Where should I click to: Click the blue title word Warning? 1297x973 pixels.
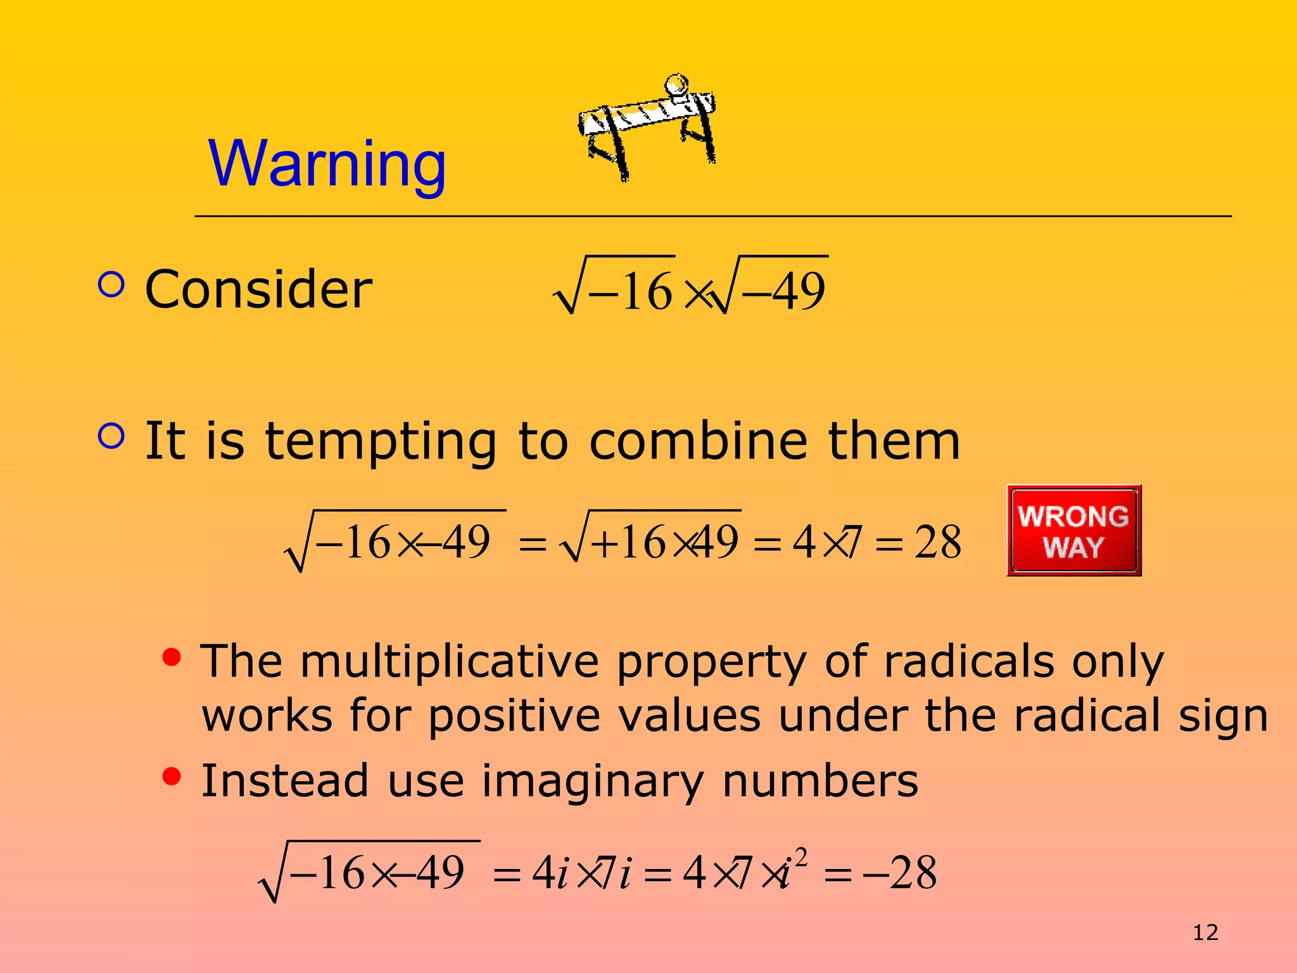pos(327,163)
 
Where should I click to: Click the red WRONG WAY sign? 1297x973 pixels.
pos(1073,531)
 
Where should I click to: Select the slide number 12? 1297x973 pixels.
pos(1205,932)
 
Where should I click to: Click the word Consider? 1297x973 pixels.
pos(258,289)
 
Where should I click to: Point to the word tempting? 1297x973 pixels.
pos(381,442)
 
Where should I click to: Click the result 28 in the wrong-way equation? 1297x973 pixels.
pos(937,543)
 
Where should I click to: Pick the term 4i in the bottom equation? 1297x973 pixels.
pos(550,874)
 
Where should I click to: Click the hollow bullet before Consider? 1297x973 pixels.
pos(111,284)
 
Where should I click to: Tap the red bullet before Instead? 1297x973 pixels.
pos(172,776)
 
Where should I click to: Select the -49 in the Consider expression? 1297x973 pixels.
pos(784,291)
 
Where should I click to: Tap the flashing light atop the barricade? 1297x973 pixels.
pos(676,85)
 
